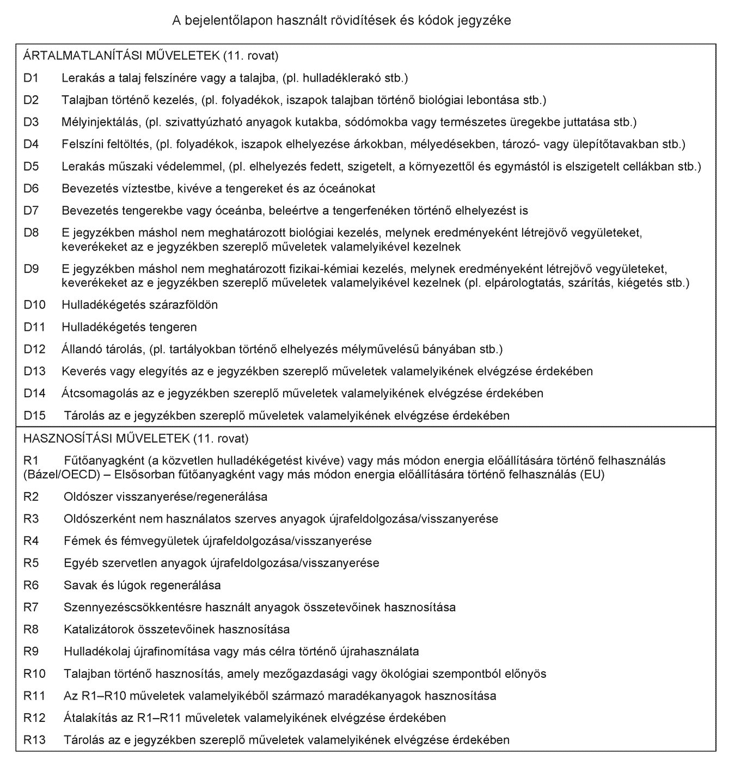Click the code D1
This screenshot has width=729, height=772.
pos(30,78)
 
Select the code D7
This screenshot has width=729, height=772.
pos(31,211)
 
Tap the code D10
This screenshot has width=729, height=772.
pos(34,305)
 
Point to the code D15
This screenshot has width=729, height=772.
pos(34,416)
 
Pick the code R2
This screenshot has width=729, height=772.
pos(31,497)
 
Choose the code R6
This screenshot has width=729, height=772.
pos(31,586)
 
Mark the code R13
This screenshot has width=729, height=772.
pos(34,740)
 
